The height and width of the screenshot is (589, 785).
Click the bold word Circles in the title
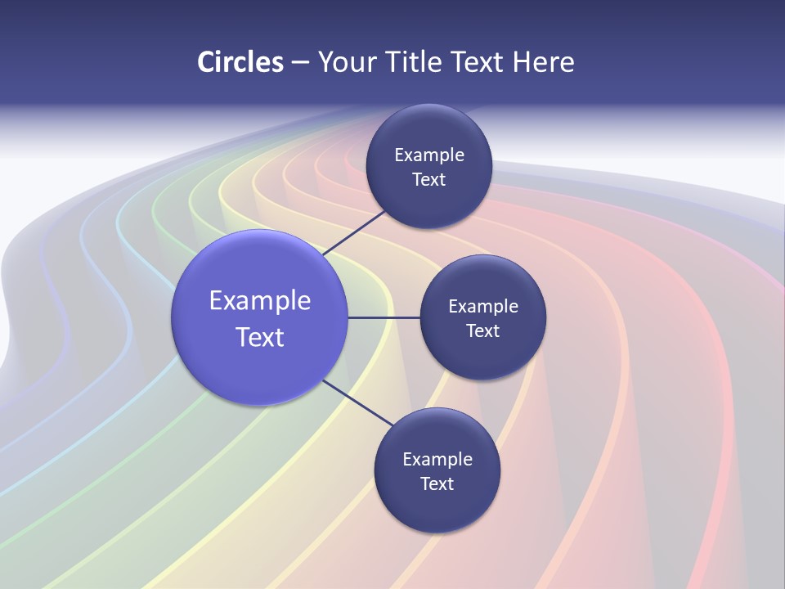240,62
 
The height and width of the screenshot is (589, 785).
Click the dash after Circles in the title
300,63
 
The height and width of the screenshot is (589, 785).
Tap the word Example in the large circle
260,300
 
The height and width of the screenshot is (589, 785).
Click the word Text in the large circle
260,337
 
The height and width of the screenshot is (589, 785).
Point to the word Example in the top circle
429,155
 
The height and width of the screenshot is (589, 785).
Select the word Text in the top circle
429,179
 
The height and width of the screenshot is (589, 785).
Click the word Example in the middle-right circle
483,306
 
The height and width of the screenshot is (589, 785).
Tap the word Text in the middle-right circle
483,330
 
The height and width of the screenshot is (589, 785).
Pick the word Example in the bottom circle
437,459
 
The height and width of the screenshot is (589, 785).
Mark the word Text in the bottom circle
437,483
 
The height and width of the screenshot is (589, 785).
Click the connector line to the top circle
355,232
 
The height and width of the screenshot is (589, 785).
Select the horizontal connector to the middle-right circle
384,317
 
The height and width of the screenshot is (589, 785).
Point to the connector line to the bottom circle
359,402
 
